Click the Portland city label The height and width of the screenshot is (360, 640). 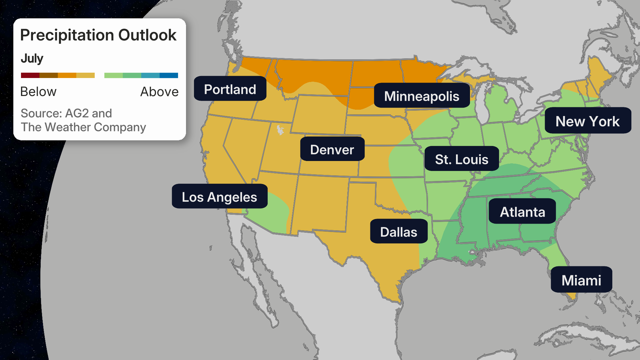click(230, 89)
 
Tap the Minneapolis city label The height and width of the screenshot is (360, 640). click(422, 96)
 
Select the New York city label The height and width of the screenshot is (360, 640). click(588, 121)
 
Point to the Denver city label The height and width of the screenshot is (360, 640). click(332, 149)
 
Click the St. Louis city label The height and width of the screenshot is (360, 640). click(461, 159)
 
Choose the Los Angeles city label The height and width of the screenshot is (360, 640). click(219, 197)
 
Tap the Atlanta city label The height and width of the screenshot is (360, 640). click(522, 212)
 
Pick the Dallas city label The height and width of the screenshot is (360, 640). click(399, 232)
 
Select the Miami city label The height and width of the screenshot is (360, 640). click(581, 280)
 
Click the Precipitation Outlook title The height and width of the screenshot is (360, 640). click(98, 35)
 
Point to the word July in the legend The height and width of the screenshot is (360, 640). click(32, 58)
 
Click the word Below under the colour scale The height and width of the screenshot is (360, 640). click(38, 92)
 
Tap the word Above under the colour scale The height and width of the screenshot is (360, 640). click(159, 92)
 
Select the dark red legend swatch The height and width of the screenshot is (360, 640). click(30, 75)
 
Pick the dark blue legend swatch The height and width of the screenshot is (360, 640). click(169, 75)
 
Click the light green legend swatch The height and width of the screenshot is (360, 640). click(113, 75)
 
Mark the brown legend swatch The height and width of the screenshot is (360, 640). click(49, 75)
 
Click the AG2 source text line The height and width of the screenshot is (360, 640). click(66, 113)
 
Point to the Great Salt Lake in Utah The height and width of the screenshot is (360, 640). click(280, 130)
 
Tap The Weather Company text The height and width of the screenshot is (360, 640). click(83, 127)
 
